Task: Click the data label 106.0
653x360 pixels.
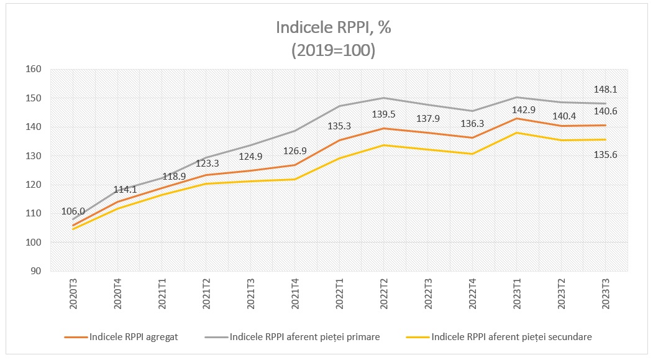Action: pyautogui.click(x=73, y=211)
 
